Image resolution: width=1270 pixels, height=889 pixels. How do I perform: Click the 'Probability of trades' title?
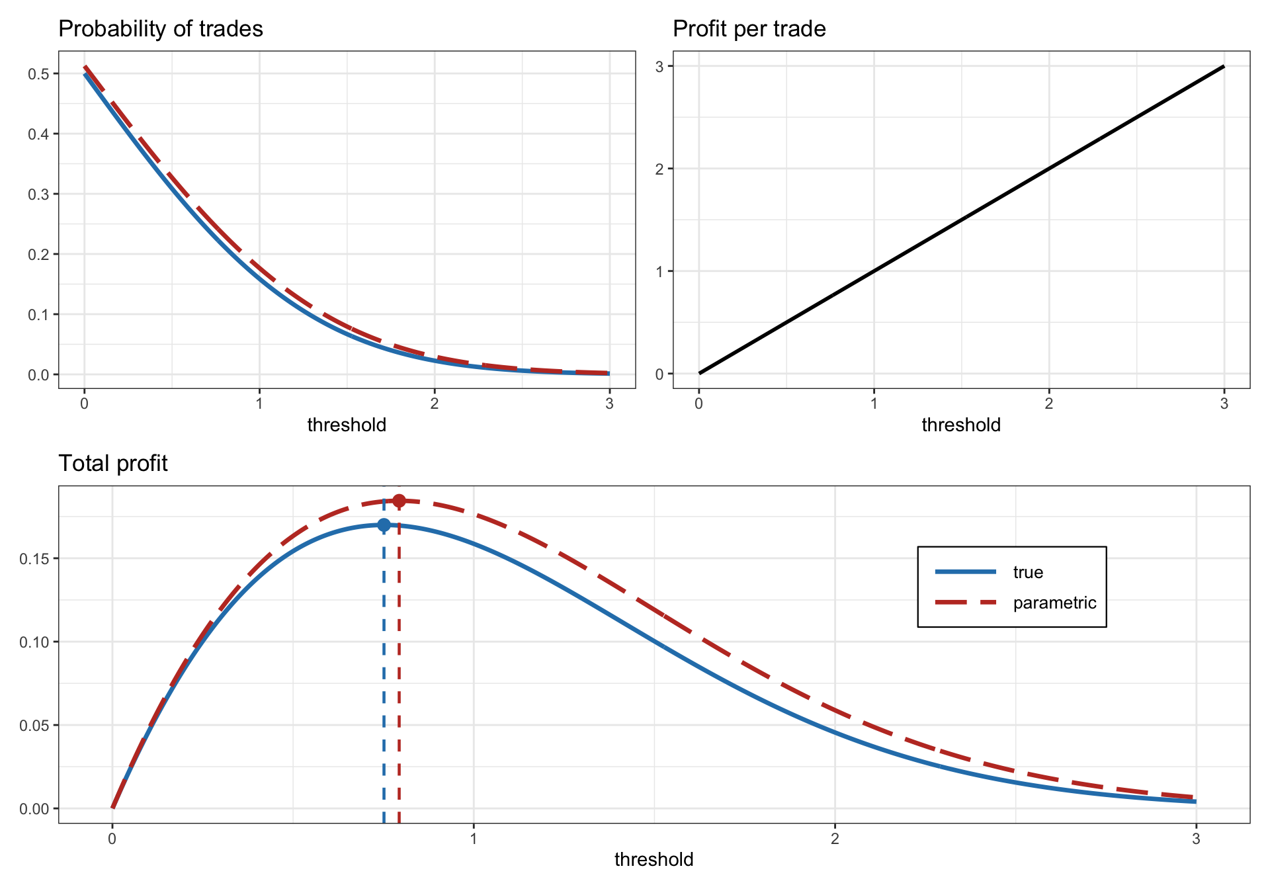pyautogui.click(x=161, y=29)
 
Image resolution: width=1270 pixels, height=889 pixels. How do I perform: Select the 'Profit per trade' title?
pyautogui.click(x=749, y=29)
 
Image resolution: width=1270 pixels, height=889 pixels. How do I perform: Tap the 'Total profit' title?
pyautogui.click(x=113, y=464)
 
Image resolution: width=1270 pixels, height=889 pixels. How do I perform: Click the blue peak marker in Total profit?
pyautogui.click(x=384, y=525)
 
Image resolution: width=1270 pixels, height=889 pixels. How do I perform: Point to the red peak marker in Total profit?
pyautogui.click(x=399, y=501)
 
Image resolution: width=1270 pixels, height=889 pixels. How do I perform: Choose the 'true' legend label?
pyautogui.click(x=1028, y=572)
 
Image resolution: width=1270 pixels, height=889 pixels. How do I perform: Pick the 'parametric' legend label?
pyautogui.click(x=1054, y=603)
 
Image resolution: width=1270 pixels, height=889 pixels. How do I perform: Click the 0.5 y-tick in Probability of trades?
pyautogui.click(x=38, y=73)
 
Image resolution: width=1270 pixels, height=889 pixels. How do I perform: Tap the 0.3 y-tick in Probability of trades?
pyautogui.click(x=38, y=194)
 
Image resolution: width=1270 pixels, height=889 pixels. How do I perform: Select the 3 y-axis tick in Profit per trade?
pyautogui.click(x=659, y=66)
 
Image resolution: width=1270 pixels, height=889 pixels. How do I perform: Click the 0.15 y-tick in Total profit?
pyautogui.click(x=33, y=558)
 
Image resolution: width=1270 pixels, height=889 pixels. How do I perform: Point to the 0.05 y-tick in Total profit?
pyautogui.click(x=33, y=725)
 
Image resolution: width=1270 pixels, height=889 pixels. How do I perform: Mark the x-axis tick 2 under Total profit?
pyautogui.click(x=835, y=839)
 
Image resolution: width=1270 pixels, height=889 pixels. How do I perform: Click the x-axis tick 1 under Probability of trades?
pyautogui.click(x=259, y=403)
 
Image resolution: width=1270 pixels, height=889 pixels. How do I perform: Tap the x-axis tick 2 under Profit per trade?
pyautogui.click(x=1048, y=403)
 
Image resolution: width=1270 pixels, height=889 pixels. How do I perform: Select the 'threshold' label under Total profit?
pyautogui.click(x=654, y=859)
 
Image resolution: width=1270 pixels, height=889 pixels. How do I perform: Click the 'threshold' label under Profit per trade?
pyautogui.click(x=960, y=425)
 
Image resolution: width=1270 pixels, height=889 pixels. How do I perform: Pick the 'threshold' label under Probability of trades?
pyautogui.click(x=347, y=425)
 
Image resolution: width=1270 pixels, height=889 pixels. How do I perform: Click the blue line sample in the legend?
pyautogui.click(x=966, y=571)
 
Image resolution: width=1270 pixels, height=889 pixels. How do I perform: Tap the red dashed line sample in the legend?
pyautogui.click(x=966, y=603)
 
